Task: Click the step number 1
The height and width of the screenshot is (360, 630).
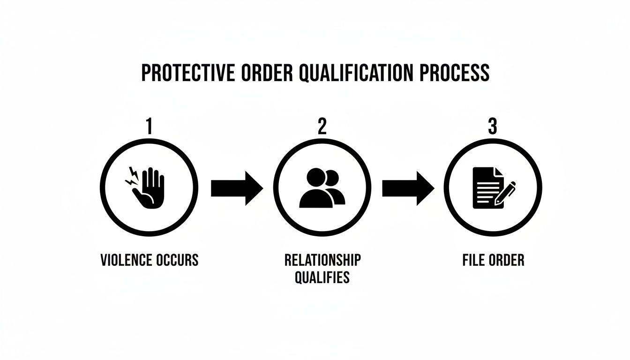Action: pyautogui.click(x=149, y=127)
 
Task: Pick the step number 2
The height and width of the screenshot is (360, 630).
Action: pyautogui.click(x=322, y=127)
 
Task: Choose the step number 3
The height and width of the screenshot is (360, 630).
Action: pyautogui.click(x=492, y=127)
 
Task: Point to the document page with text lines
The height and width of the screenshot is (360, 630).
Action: pyautogui.click(x=486, y=187)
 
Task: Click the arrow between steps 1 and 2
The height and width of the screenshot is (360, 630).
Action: pyautogui.click(x=237, y=188)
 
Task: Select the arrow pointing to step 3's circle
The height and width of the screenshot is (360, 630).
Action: pyautogui.click(x=408, y=188)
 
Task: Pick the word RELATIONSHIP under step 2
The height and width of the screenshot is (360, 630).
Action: pyautogui.click(x=322, y=260)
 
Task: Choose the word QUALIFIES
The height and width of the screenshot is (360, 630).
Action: pyautogui.click(x=322, y=277)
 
